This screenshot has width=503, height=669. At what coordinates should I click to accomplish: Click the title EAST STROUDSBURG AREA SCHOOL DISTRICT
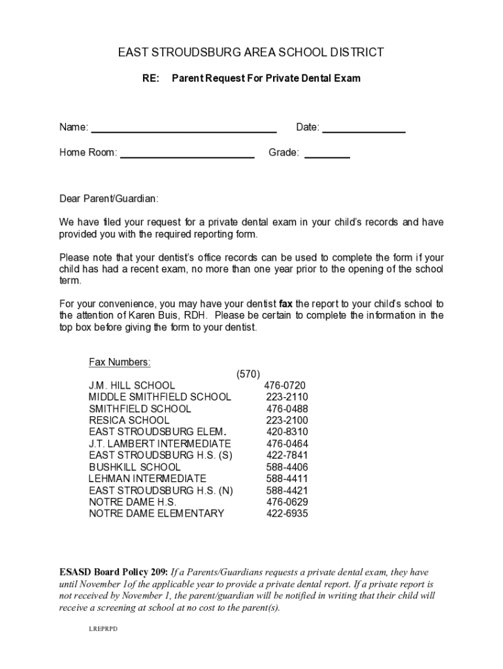[x=251, y=52]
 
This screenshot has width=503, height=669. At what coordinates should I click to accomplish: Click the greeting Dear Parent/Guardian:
[x=109, y=198]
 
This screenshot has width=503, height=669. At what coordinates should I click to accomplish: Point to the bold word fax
[x=285, y=304]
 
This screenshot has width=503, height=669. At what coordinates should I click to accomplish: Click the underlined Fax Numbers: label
[x=120, y=362]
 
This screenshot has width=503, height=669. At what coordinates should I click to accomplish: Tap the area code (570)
[x=248, y=374]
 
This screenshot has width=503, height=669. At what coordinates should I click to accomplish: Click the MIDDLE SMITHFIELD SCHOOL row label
[x=160, y=397]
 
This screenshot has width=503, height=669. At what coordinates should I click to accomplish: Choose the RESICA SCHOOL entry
[x=129, y=420]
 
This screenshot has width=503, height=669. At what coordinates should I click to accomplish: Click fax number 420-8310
[x=287, y=432]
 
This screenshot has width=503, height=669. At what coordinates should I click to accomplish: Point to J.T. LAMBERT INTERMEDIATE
[x=160, y=444]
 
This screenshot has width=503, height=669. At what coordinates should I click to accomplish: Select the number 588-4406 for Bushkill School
[x=287, y=467]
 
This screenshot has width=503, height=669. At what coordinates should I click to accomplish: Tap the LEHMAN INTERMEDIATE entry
[x=148, y=479]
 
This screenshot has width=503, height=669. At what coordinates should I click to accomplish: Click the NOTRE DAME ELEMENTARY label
[x=157, y=514]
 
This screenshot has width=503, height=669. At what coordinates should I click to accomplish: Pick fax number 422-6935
[x=287, y=514]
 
